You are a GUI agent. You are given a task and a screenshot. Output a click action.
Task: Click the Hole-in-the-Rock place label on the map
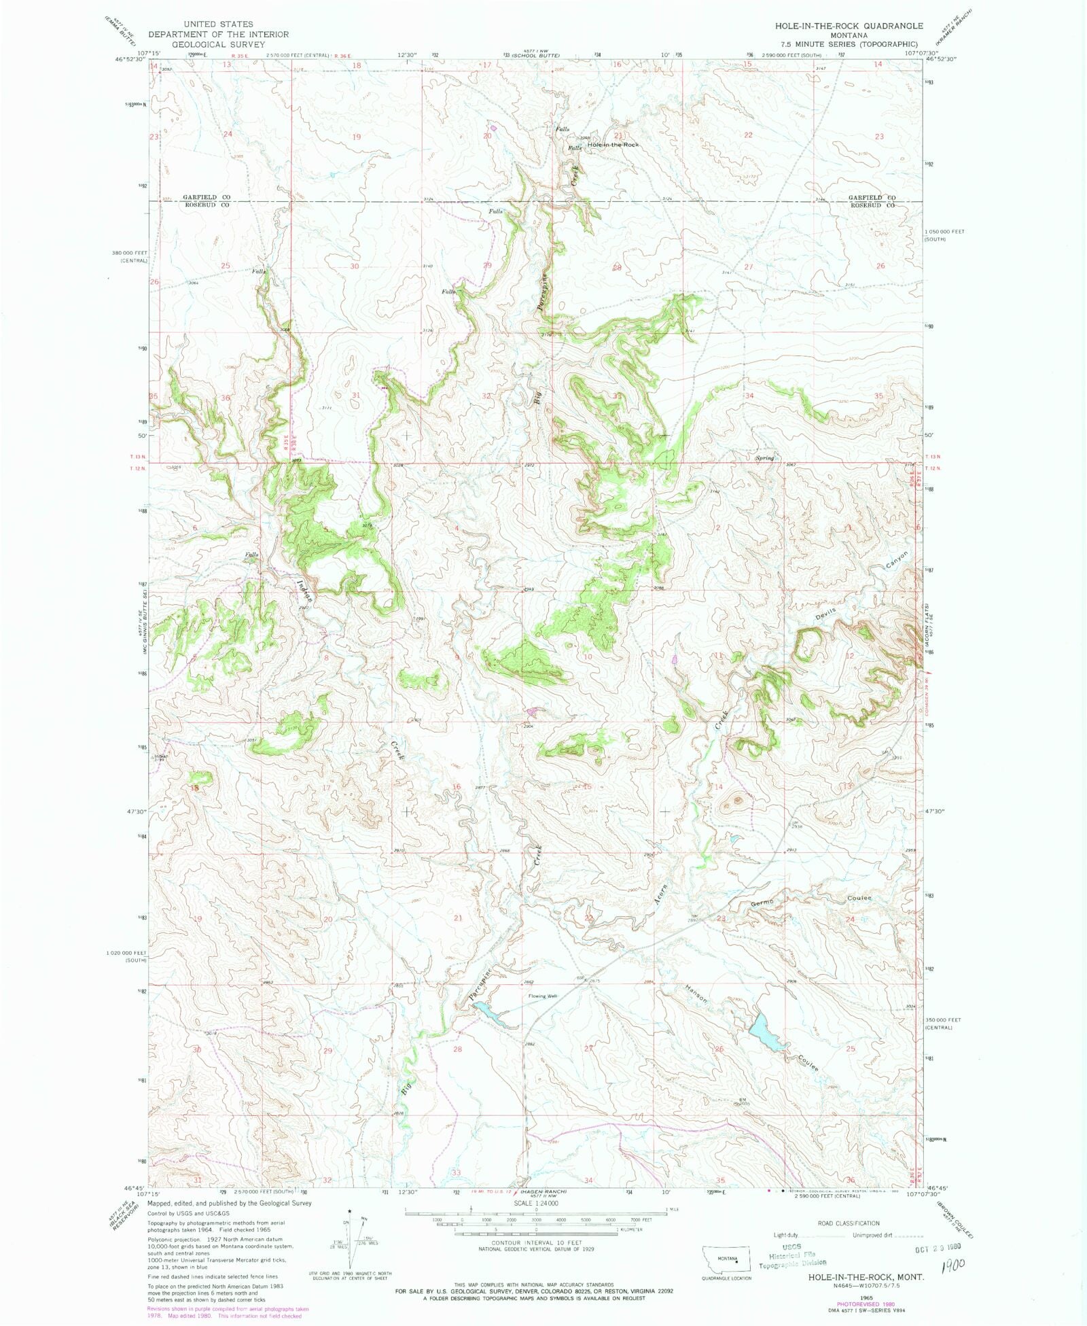pyautogui.click(x=613, y=145)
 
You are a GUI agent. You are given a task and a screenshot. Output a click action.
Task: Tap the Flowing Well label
pyautogui.click(x=543, y=996)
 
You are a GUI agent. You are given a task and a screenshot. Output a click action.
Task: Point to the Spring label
pyautogui.click(x=764, y=458)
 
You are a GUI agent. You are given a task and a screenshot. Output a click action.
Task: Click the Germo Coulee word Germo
pyautogui.click(x=762, y=903)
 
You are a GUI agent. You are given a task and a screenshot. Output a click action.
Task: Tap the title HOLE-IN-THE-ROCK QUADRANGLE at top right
pyautogui.click(x=849, y=26)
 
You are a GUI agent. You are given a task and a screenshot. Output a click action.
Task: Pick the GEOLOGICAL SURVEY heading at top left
pyautogui.click(x=219, y=44)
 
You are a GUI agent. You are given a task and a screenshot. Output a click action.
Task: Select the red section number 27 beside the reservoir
pyautogui.click(x=589, y=1048)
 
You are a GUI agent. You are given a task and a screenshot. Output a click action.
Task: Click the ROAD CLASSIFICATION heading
pyautogui.click(x=849, y=1223)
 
